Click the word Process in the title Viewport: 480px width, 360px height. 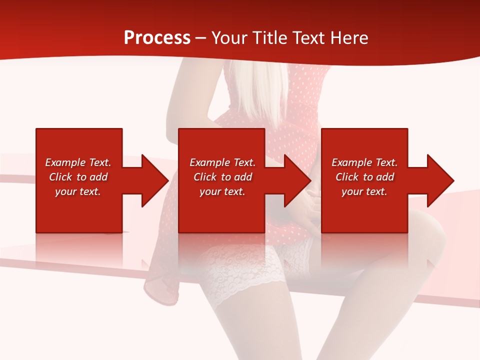click(157, 38)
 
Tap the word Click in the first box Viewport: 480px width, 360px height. click(60, 177)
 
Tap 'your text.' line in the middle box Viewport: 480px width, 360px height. click(222, 191)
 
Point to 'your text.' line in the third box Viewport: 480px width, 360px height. click(364, 191)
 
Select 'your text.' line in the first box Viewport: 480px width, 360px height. click(77, 191)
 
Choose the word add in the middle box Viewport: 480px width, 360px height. click(243, 177)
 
